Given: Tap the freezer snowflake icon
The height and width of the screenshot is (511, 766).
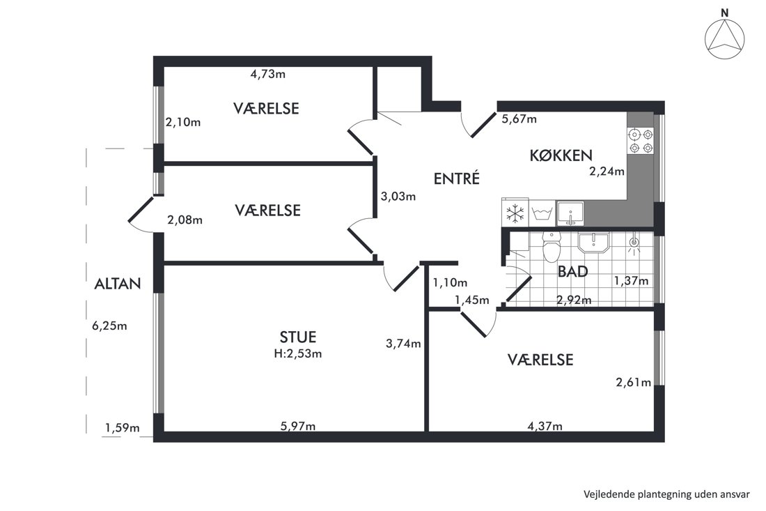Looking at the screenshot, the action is [x=515, y=213].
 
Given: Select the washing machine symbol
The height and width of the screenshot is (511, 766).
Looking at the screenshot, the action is [x=542, y=214].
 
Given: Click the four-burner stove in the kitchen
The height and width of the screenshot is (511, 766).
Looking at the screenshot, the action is [x=641, y=140].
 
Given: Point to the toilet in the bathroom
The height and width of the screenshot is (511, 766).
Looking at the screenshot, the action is [x=552, y=247].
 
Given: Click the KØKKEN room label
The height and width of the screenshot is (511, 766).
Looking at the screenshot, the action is [x=561, y=155].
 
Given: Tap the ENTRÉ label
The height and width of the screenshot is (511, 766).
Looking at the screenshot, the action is [x=456, y=178].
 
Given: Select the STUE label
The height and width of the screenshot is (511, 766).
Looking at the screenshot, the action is [x=298, y=337].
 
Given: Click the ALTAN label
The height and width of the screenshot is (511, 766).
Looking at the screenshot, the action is [x=118, y=284].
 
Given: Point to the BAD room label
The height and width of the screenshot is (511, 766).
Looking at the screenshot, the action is [x=572, y=271].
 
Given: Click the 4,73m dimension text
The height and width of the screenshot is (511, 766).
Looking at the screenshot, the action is [x=267, y=75].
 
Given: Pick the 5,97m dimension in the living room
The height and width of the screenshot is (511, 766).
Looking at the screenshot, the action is [x=298, y=427].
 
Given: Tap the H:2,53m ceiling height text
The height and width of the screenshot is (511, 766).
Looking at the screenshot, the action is [x=298, y=353].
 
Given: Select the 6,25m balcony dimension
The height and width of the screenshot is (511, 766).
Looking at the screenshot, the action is [x=109, y=326].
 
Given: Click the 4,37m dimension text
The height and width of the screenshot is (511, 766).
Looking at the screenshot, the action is [x=545, y=427].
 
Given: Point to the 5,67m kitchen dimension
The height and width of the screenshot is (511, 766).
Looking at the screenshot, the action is [x=519, y=119].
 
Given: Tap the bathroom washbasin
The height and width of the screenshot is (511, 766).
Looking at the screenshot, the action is [x=593, y=243].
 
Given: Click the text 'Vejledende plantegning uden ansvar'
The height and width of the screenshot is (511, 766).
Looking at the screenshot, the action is [x=666, y=494].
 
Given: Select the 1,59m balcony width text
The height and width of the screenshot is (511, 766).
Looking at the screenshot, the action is [x=122, y=428].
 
